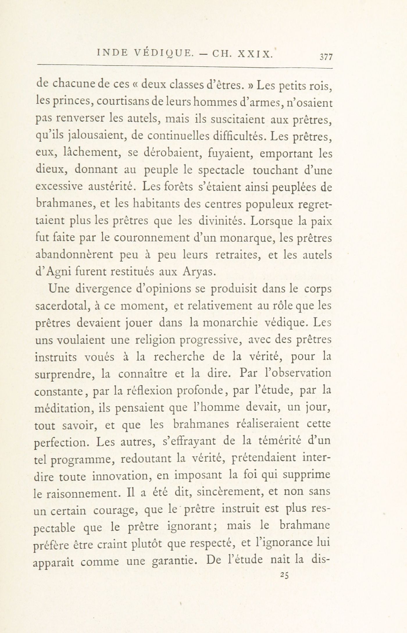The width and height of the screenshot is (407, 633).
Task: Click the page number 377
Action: pyautogui.click(x=326, y=57)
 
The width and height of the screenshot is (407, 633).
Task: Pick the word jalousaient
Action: pyautogui.click(x=94, y=136)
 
